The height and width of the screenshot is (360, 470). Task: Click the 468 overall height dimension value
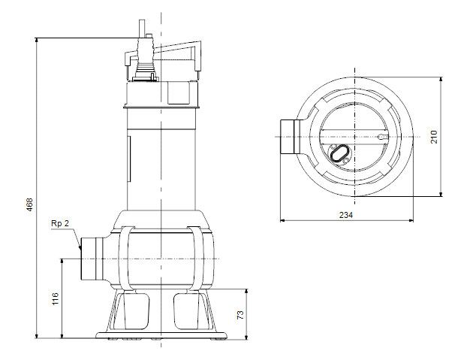point(30,204)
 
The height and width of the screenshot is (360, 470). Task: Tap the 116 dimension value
point(56,299)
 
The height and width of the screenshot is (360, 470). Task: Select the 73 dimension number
point(240,315)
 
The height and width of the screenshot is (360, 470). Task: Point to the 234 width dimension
point(346,215)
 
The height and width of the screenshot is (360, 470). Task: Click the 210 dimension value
point(434,137)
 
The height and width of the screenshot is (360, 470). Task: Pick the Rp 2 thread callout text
point(60,223)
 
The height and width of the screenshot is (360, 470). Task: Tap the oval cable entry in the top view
point(339,153)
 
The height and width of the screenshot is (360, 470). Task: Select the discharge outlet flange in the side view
point(92,259)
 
